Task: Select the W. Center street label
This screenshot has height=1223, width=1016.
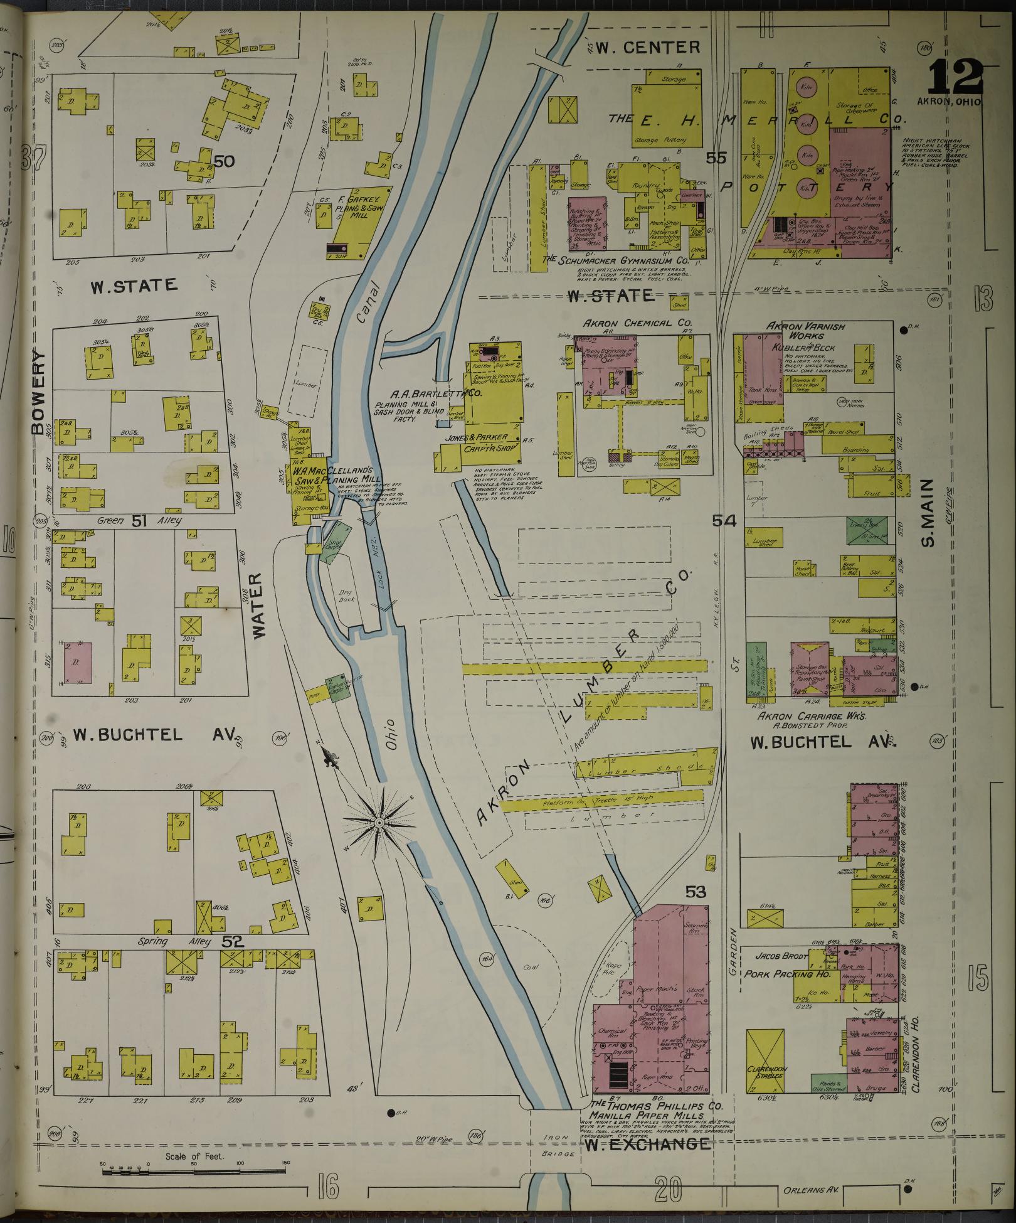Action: [x=647, y=47]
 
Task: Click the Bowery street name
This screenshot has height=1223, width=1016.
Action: [x=39, y=393]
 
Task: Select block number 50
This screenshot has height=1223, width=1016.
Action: [x=224, y=161]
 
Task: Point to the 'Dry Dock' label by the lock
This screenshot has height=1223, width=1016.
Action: [x=347, y=595]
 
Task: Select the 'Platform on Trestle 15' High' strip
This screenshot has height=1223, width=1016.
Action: [x=602, y=800]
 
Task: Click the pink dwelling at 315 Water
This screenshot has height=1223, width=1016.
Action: [x=78, y=663]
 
